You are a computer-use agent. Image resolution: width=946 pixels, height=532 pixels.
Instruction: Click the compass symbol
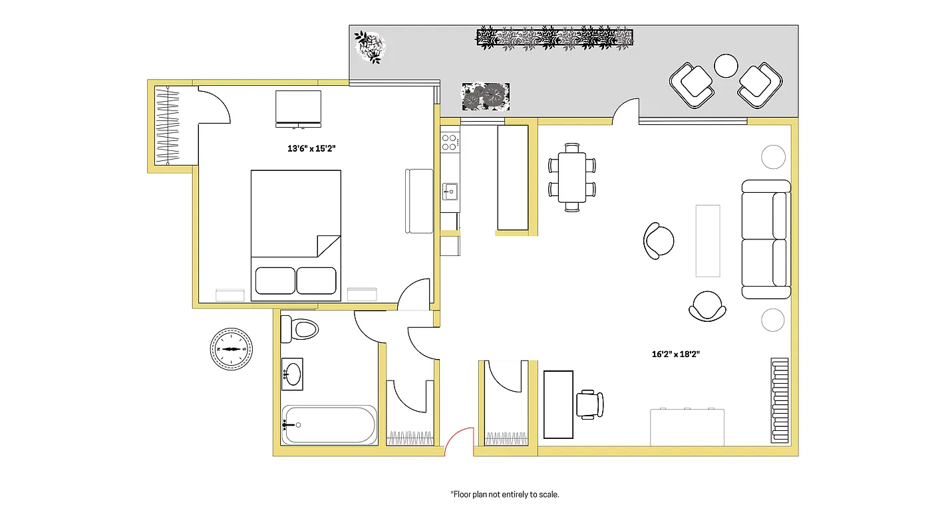232,348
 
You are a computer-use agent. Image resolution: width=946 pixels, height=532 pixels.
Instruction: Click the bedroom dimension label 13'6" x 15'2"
311,149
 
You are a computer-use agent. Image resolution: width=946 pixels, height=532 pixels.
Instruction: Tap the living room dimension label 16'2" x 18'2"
675,354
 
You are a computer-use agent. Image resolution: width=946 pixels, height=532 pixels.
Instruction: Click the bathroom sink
293,375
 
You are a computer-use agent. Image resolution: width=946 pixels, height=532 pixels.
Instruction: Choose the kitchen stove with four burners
450,141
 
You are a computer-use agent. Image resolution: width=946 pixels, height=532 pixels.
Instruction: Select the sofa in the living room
766,239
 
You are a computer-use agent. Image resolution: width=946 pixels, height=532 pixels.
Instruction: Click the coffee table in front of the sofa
707,240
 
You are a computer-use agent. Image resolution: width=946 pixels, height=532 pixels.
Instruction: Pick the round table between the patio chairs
726,65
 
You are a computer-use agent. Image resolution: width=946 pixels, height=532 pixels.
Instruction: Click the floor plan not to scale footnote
505,494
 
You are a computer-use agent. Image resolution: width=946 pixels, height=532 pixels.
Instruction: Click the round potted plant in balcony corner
370,47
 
